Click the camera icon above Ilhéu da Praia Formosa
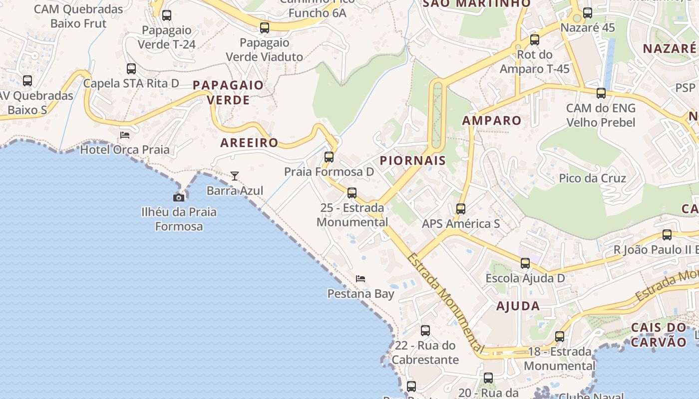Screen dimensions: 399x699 [179, 198]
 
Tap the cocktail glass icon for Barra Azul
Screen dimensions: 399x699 [235, 176]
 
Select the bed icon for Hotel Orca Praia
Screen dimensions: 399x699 [125, 135]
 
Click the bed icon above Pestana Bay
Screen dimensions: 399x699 [360, 278]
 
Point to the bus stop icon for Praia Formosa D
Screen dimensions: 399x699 [329, 157]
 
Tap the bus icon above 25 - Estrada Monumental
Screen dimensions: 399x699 [352, 193]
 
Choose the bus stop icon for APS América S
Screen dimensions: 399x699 [461, 209]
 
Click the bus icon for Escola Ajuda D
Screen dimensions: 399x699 [525, 263]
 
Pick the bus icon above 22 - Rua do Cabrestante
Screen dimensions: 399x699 [425, 331]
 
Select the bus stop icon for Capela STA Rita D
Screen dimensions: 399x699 [131, 69]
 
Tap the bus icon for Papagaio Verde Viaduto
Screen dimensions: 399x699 [265, 28]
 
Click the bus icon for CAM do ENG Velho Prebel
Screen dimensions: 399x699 [601, 93]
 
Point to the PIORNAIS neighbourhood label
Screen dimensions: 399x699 [412, 161]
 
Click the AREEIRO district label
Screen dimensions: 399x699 [249, 143]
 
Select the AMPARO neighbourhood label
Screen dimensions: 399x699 [491, 120]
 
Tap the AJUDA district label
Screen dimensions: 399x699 [518, 306]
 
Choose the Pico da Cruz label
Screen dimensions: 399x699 [592, 178]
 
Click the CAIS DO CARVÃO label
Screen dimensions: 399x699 [659, 335]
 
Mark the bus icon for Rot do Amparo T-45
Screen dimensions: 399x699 [535, 40]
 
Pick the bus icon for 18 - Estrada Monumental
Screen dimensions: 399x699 [560, 337]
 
